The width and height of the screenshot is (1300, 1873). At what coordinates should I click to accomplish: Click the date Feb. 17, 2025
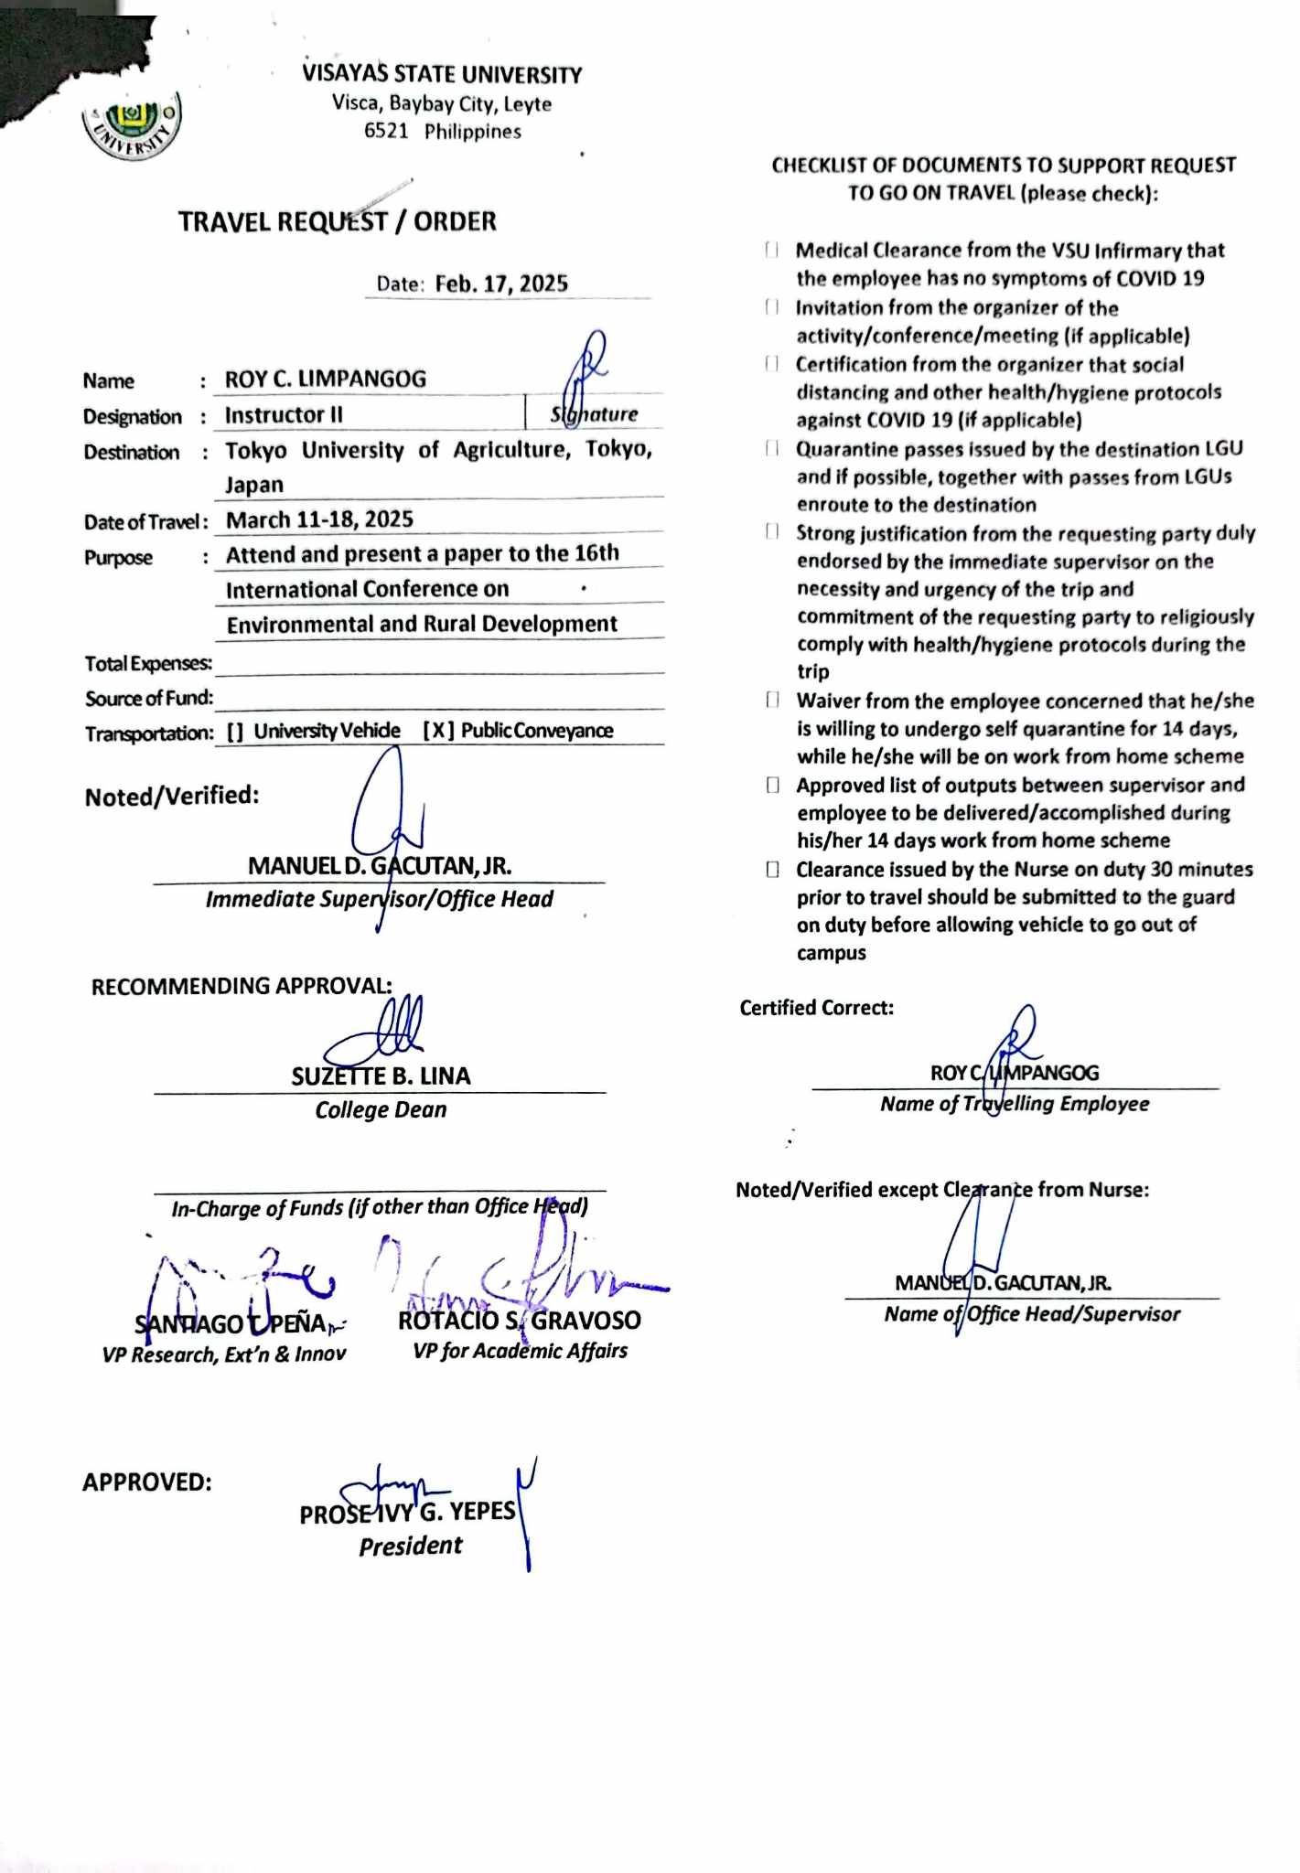501,284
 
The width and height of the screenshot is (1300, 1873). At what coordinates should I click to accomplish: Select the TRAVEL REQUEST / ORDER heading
337,221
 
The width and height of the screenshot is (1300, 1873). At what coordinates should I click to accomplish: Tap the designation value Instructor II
284,415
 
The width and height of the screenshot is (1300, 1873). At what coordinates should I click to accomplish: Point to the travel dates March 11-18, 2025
319,519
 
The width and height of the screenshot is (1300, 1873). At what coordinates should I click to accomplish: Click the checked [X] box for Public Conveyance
438,731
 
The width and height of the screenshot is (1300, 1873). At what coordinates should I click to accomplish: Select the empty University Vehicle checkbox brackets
235,732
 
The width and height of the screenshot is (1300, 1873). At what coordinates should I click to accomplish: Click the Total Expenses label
148,663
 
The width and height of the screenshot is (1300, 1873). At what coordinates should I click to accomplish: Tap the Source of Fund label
149,699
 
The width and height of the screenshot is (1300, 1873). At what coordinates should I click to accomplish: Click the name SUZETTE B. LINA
381,1076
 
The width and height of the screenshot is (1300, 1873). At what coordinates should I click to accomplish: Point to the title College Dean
381,1110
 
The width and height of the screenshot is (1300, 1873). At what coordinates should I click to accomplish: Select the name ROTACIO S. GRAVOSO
519,1321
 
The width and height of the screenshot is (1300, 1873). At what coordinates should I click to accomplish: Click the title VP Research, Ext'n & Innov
224,1354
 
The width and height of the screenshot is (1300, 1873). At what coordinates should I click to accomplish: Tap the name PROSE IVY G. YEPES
408,1513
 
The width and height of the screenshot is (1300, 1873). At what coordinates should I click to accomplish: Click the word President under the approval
410,1547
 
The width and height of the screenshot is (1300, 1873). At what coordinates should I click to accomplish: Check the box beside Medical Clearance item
772,251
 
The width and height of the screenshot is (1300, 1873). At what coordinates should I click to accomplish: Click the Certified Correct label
816,1008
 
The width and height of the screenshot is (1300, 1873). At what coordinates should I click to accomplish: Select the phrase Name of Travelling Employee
1015,1104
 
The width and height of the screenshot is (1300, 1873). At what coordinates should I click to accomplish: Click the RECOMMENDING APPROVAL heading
242,986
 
